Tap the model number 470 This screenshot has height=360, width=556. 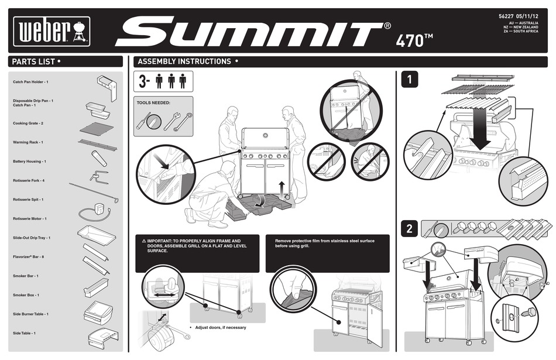pyautogui.click(x=414, y=40)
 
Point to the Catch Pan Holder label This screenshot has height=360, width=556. pyautogui.click(x=30, y=82)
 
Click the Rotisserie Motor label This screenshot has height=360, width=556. pyautogui.click(x=29, y=218)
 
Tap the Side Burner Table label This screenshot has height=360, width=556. pyautogui.click(x=30, y=314)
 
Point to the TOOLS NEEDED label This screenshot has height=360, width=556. pyautogui.click(x=153, y=102)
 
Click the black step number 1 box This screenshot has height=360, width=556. pyautogui.click(x=412, y=78)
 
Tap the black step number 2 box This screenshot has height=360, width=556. pyautogui.click(x=411, y=229)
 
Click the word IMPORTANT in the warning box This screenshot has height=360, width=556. pyautogui.click(x=161, y=241)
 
